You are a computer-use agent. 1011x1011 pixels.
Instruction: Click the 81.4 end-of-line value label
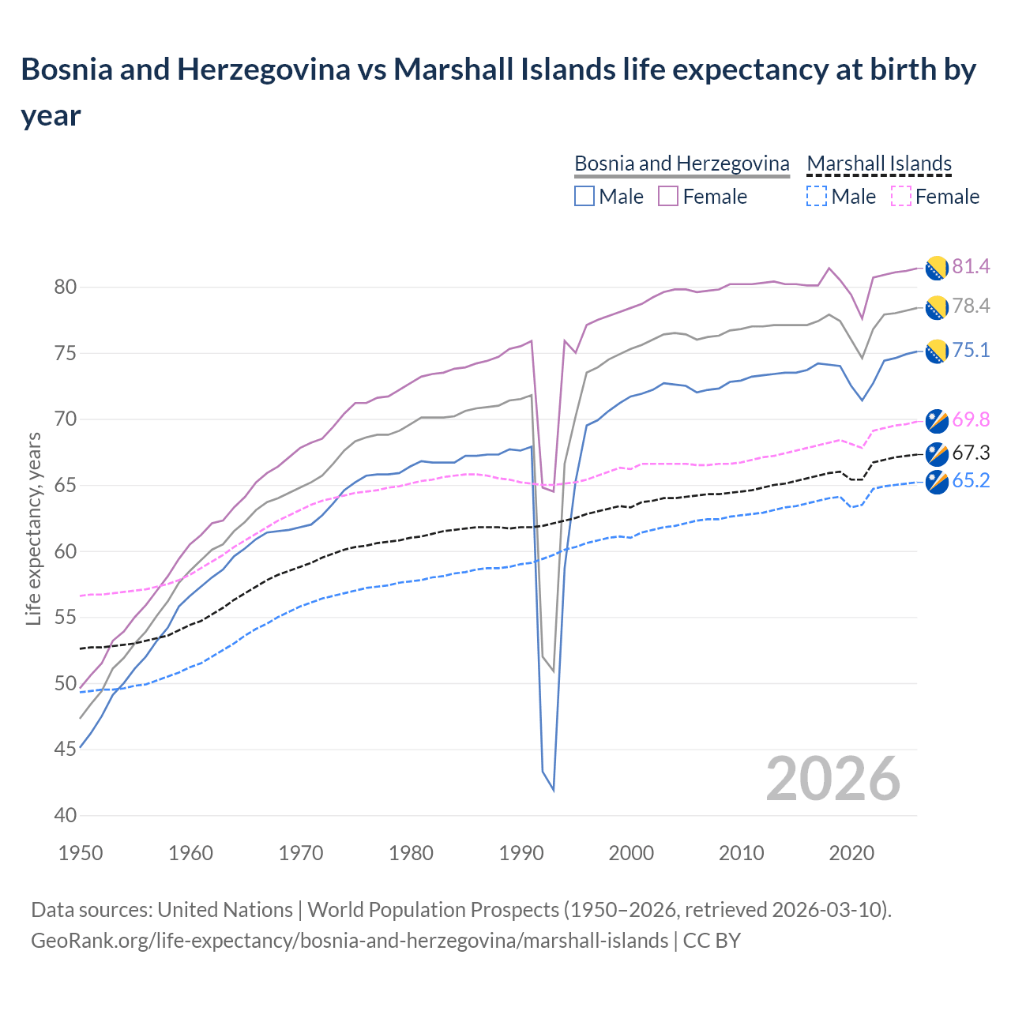[x=971, y=267]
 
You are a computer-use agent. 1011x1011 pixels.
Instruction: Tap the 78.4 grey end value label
[x=971, y=306]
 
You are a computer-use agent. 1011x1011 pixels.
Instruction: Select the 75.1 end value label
[x=971, y=351]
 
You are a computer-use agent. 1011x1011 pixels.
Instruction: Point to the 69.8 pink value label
[x=971, y=419]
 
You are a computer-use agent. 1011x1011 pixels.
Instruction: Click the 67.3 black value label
[x=971, y=453]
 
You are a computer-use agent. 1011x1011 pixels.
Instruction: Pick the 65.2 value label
[x=971, y=481]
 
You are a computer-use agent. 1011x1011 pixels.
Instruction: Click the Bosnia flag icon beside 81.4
[x=937, y=268]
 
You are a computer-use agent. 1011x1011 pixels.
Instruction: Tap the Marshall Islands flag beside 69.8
[x=937, y=421]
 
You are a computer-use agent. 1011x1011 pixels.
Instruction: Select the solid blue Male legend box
[x=584, y=197]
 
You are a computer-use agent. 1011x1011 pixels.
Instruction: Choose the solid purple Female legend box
[x=668, y=197]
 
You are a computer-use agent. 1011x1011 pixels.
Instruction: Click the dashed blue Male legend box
[x=817, y=197]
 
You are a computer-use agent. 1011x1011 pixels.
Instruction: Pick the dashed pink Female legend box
[x=900, y=197]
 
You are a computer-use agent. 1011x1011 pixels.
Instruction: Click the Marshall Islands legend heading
[x=879, y=163]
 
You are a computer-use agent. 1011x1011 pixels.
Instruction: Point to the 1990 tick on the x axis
[x=521, y=853]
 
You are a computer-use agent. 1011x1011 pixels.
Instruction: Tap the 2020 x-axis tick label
[x=851, y=853]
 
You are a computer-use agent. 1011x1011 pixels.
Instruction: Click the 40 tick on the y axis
[x=65, y=815]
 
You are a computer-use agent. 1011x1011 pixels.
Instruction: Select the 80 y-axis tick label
[x=65, y=288]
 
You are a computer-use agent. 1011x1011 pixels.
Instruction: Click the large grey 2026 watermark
[x=832, y=779]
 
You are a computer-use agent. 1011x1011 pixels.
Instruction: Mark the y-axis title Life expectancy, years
[x=33, y=529]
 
